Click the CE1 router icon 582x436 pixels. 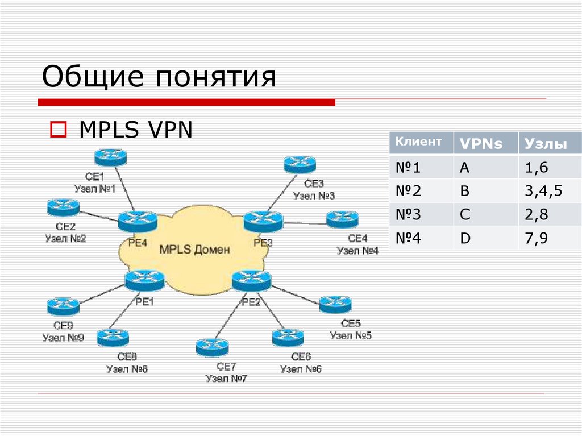(x=110, y=157)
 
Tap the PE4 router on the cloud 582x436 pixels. (x=137, y=221)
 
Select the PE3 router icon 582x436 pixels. (x=263, y=221)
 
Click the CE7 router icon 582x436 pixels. (x=212, y=347)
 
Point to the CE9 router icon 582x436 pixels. (x=63, y=307)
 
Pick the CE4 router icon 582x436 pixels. (x=342, y=219)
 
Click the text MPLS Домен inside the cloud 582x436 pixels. (x=194, y=249)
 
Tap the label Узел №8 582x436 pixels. (x=127, y=368)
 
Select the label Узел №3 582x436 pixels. (x=314, y=196)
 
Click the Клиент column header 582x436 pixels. (x=418, y=142)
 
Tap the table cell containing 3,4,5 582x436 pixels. (x=543, y=191)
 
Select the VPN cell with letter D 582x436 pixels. (x=465, y=238)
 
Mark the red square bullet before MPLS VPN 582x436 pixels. (x=58, y=130)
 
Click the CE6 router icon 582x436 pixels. (x=288, y=338)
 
